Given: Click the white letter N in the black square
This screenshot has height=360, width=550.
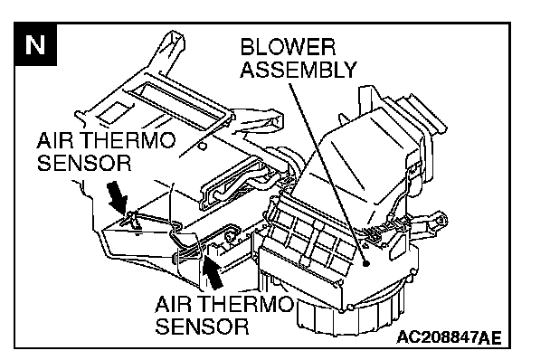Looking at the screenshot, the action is [35, 45].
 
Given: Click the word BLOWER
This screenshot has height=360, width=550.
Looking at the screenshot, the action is [288, 47].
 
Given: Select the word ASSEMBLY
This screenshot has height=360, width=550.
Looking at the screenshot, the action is [299, 69].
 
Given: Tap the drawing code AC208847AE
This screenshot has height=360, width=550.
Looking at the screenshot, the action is [450, 337].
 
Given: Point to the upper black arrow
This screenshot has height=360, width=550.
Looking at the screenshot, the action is [119, 197].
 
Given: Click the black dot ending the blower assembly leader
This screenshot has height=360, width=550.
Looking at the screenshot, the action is [366, 263].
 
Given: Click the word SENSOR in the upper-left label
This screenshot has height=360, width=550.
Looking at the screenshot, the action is [84, 163].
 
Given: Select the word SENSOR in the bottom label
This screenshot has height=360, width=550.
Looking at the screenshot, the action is [202, 327].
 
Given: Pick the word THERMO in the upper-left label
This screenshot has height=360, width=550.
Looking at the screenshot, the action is [128, 140].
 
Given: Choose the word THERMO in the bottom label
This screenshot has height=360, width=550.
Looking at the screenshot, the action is [247, 304].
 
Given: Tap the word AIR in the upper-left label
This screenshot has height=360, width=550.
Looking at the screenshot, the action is [55, 140].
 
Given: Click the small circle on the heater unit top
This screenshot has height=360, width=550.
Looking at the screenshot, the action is [203, 146].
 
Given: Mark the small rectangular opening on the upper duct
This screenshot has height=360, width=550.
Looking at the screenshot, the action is [115, 111].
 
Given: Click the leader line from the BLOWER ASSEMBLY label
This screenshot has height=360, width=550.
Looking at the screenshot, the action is [327, 172].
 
